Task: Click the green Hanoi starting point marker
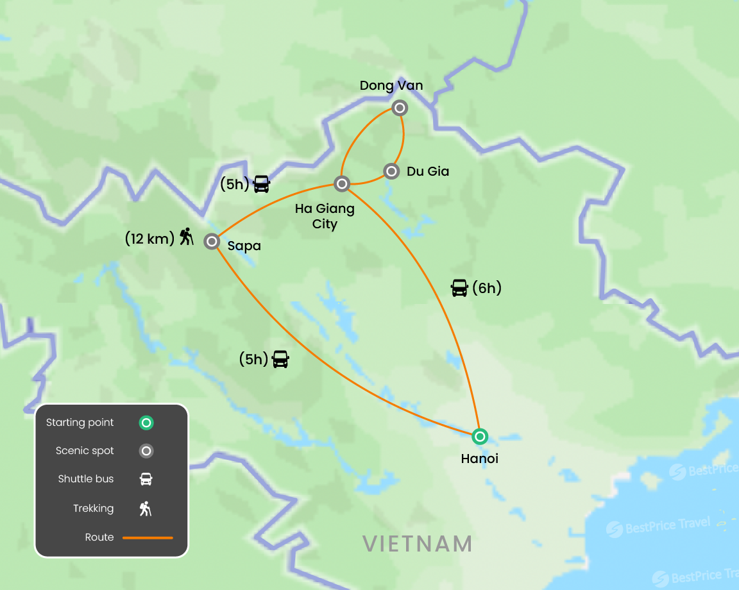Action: point(479,437)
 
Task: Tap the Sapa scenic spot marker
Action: point(212,242)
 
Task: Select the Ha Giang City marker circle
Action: point(342,184)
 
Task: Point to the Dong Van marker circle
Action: point(400,108)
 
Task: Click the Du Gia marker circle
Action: point(391,171)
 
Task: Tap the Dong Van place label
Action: point(391,86)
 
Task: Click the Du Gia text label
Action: point(428,171)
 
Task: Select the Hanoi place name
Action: point(479,459)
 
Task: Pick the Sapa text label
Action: point(244,245)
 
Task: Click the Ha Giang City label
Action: point(325,217)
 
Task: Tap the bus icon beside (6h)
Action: point(459,288)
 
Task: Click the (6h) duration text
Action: point(486,289)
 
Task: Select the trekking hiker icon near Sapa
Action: point(186,237)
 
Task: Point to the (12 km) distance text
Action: point(149,239)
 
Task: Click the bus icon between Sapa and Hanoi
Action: point(280,359)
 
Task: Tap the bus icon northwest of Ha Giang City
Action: point(262,184)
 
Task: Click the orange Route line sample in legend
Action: point(148,537)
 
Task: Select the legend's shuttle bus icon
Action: point(146,479)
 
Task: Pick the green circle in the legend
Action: point(146,423)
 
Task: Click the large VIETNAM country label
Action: point(418,544)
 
